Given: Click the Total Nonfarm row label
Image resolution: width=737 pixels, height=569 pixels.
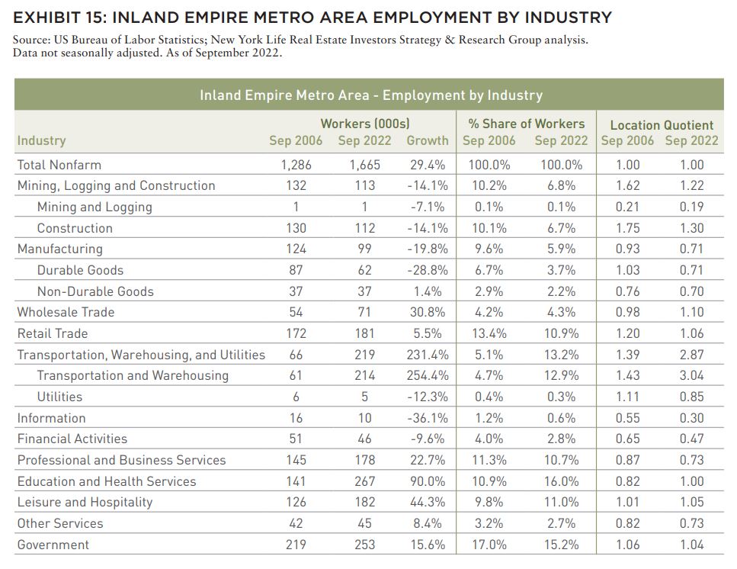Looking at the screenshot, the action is click(x=59, y=165).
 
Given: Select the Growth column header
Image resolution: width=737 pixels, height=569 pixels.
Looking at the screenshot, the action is click(x=428, y=140).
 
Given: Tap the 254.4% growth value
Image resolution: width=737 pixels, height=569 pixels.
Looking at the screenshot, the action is click(x=428, y=375).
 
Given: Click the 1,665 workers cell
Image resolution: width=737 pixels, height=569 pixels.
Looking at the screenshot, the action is click(x=365, y=165).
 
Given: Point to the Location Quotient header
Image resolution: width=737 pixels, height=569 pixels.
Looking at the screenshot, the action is click(x=662, y=125).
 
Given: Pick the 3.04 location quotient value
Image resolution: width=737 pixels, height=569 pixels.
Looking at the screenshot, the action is click(x=692, y=375).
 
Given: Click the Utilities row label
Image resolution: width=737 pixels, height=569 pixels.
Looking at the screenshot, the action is click(x=59, y=397).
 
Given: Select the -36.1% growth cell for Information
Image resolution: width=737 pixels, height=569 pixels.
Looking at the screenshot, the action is click(x=428, y=418).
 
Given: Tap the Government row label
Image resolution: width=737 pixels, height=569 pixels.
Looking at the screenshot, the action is click(x=53, y=545).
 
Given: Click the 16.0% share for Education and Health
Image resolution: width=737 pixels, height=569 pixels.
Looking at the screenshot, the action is click(x=561, y=481).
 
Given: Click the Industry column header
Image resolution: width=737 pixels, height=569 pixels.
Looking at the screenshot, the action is click(x=41, y=140).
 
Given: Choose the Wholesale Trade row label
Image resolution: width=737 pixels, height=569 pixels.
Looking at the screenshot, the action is click(x=66, y=312).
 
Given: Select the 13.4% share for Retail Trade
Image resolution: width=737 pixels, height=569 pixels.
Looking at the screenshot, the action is click(x=489, y=333).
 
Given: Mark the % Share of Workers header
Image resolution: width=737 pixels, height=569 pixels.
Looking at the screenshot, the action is click(x=527, y=124).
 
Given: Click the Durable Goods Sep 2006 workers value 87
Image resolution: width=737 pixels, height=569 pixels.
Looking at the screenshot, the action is click(x=296, y=270).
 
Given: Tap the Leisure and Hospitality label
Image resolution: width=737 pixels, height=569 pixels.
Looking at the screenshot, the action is click(x=85, y=502).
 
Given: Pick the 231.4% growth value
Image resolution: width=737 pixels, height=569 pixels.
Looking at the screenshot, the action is click(x=428, y=355).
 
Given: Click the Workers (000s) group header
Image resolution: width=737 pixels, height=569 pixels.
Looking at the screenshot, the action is click(x=365, y=124).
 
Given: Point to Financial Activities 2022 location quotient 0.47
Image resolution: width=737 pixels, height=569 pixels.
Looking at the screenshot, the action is click(x=692, y=439).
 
